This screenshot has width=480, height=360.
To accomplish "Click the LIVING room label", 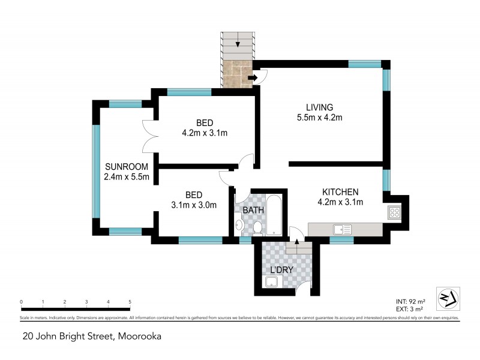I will (319, 107).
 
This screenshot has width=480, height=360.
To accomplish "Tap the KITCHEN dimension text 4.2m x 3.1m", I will (340, 202).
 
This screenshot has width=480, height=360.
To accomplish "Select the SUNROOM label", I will (124, 166).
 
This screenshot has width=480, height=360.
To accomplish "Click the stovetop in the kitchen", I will (394, 212).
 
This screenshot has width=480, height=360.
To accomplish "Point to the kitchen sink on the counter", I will (342, 229).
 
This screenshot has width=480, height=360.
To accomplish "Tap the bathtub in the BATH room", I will (272, 215).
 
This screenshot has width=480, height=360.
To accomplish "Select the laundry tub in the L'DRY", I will (271, 283).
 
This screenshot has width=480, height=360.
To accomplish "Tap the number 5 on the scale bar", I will (130, 302).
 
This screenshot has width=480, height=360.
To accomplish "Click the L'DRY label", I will (281, 270).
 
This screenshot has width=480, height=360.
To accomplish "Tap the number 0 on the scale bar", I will (21, 302).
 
